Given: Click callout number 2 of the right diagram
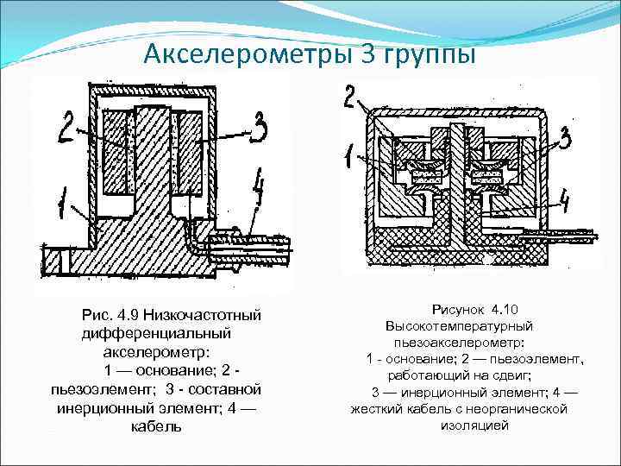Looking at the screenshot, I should (x=350, y=97).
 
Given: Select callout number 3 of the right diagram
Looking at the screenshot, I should (x=565, y=137).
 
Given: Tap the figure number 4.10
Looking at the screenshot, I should (x=501, y=308).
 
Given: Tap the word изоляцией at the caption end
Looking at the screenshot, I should (x=474, y=425).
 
